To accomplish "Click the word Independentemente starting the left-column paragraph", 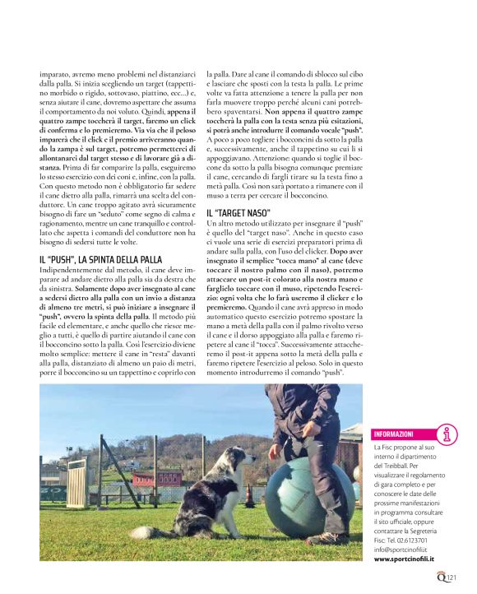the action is (x=71, y=271).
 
